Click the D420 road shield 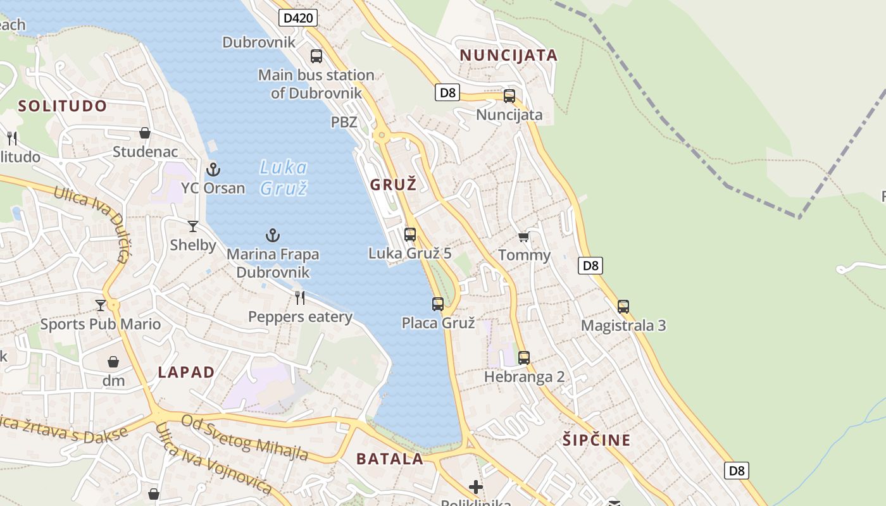[x=297, y=18]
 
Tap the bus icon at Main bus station [x=316, y=56]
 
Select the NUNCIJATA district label [x=509, y=55]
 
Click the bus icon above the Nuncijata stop [x=509, y=96]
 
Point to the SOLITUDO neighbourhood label [x=63, y=106]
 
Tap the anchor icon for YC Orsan [x=213, y=170]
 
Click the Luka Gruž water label [x=284, y=178]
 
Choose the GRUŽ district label [x=394, y=185]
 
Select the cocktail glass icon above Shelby [x=193, y=226]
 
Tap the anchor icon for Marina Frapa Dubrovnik [x=273, y=236]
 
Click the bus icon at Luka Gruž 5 [x=410, y=235]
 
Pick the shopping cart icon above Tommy [x=523, y=237]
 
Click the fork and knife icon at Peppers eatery [x=300, y=297]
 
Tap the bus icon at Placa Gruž [x=438, y=304]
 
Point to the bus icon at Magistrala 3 [x=623, y=307]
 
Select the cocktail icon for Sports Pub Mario [x=101, y=305]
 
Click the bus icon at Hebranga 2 [x=524, y=358]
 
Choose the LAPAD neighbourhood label [x=186, y=372]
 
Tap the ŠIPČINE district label [x=597, y=440]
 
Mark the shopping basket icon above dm [x=113, y=362]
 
